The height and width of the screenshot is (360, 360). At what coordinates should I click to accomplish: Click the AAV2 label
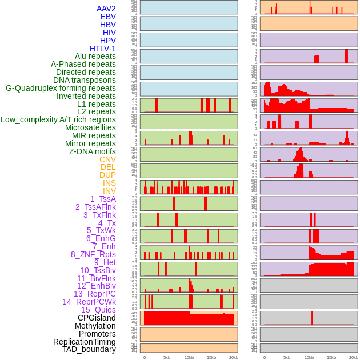(106, 9)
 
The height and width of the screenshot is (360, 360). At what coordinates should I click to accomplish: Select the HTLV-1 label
(103, 49)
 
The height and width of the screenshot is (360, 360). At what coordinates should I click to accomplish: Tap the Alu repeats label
(95, 57)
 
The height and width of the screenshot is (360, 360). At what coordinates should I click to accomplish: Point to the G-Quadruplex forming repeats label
(61, 88)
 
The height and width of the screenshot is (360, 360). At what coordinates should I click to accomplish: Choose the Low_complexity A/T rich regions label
(58, 119)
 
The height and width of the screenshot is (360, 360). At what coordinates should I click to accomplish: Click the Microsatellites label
(90, 127)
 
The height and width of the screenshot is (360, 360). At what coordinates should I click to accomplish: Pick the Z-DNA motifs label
(93, 151)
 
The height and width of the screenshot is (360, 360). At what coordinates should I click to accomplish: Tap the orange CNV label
(107, 159)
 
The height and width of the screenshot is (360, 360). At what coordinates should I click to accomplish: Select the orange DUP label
(107, 175)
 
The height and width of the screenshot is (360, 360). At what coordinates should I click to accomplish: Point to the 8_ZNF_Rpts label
(93, 254)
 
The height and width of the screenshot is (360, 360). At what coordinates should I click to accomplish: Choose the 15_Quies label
(98, 310)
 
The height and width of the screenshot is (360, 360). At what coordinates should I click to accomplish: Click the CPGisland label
(97, 318)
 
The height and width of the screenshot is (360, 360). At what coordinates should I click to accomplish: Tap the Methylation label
(95, 326)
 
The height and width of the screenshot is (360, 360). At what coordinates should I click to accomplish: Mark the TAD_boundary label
(89, 349)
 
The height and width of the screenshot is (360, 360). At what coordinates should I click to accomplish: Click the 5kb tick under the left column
(167, 357)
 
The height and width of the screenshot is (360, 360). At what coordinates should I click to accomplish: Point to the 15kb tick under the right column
(331, 357)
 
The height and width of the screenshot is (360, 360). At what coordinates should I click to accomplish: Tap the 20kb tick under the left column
(234, 357)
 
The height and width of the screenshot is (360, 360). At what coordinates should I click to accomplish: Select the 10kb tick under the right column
(309, 357)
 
